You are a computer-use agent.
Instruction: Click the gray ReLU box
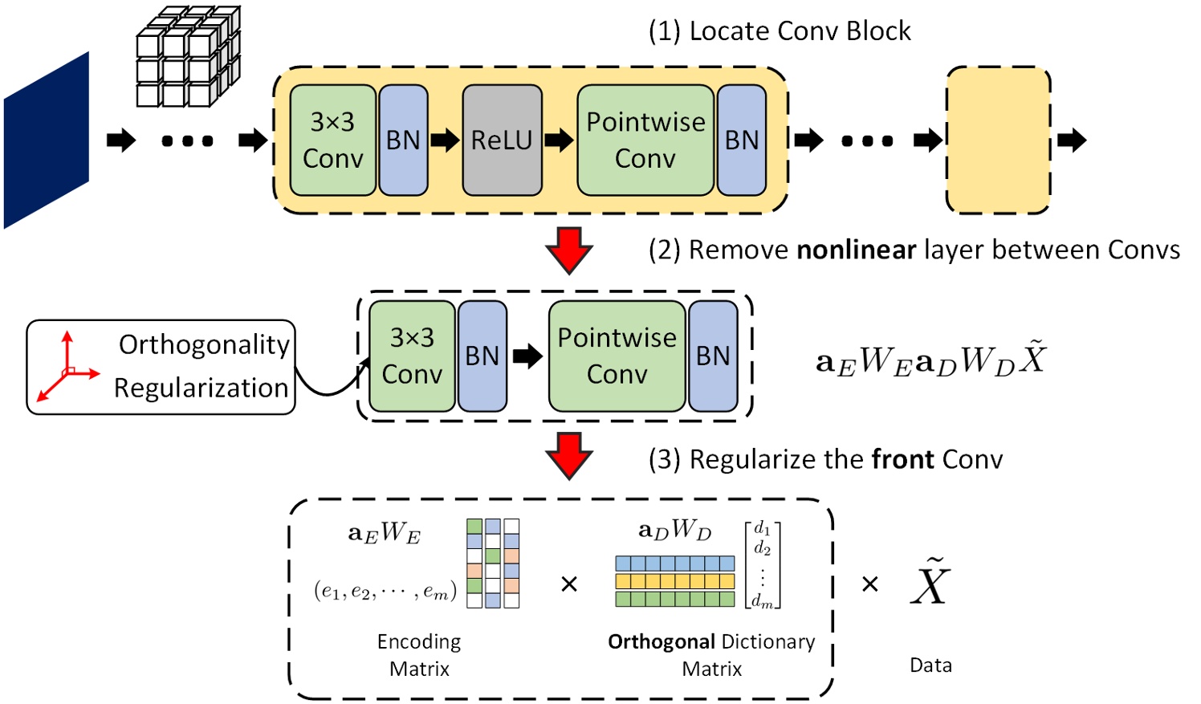click(x=502, y=140)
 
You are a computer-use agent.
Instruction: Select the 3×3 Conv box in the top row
click(x=332, y=140)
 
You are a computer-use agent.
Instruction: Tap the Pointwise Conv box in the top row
click(x=645, y=140)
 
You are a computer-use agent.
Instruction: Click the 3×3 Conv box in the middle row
click(x=412, y=356)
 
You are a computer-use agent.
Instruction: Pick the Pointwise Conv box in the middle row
click(x=617, y=356)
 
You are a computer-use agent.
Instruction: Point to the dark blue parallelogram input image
click(x=46, y=141)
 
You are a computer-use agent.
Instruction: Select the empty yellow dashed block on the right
click(x=998, y=140)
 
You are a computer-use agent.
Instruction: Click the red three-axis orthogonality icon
click(x=67, y=368)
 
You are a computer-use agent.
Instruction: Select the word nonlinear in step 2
click(x=856, y=250)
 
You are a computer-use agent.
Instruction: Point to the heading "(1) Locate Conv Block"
click(x=779, y=31)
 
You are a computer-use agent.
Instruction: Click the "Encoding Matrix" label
click(x=419, y=655)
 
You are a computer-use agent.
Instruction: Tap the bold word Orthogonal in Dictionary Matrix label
click(x=661, y=642)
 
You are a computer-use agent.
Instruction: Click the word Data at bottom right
click(x=930, y=665)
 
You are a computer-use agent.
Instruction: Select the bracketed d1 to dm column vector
click(x=762, y=564)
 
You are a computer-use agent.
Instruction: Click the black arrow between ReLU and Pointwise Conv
click(x=559, y=140)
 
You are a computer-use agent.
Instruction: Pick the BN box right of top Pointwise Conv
click(x=742, y=140)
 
